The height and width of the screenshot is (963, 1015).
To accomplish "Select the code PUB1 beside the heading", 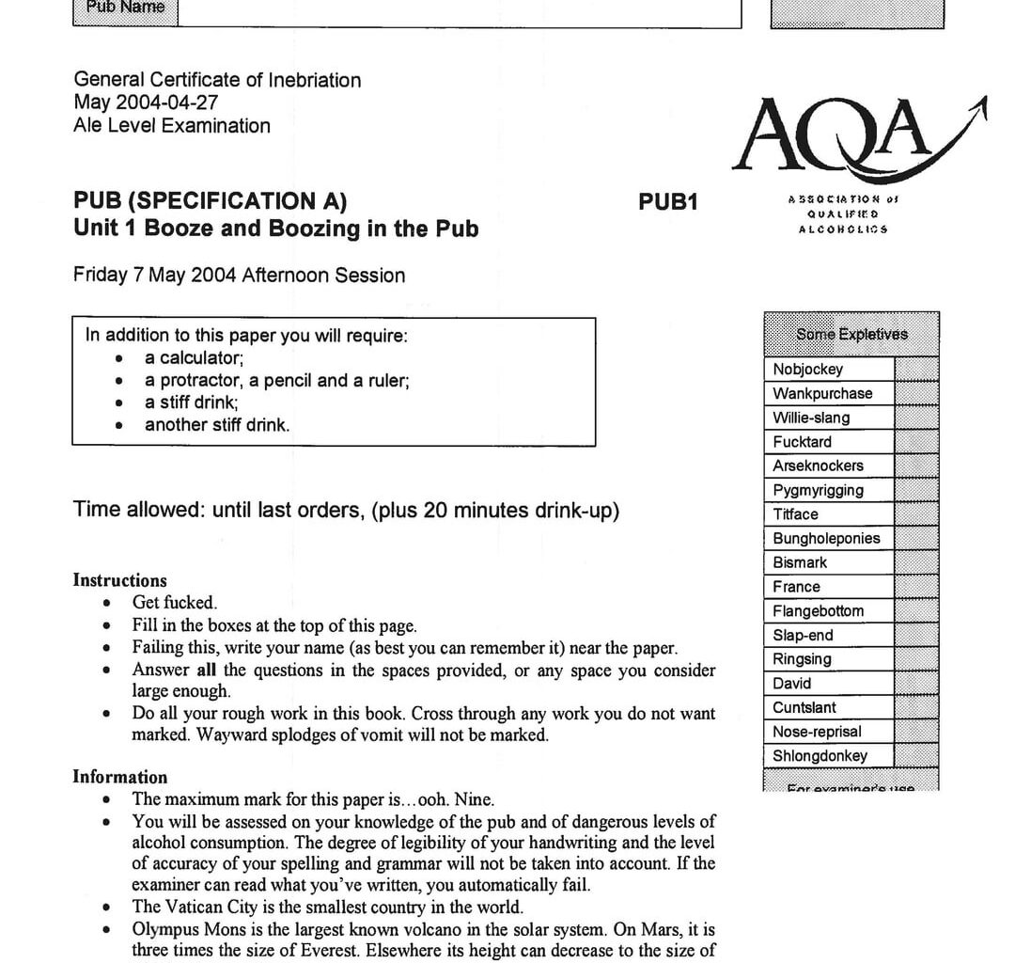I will [668, 202].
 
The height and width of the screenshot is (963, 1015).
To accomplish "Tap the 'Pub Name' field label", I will [125, 8].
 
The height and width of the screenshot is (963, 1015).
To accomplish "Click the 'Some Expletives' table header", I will [851, 334].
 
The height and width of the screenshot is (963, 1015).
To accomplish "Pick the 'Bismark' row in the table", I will [800, 562].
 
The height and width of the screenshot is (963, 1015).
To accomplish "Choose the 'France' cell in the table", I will [796, 587].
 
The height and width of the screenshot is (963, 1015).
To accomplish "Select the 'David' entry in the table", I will [791, 684].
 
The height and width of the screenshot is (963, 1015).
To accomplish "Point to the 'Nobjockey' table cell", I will [807, 370].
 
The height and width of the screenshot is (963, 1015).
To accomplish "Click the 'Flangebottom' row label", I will [818, 611].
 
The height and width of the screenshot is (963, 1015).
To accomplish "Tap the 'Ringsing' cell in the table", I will [802, 659].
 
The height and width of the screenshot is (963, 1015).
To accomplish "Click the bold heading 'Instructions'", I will [119, 580].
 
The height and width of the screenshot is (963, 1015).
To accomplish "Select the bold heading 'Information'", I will [120, 777].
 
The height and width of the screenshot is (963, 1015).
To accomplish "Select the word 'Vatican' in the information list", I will [195, 908].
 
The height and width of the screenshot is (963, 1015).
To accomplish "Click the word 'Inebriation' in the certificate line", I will [315, 81].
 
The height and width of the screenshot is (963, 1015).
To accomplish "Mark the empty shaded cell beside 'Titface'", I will [915, 514].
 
